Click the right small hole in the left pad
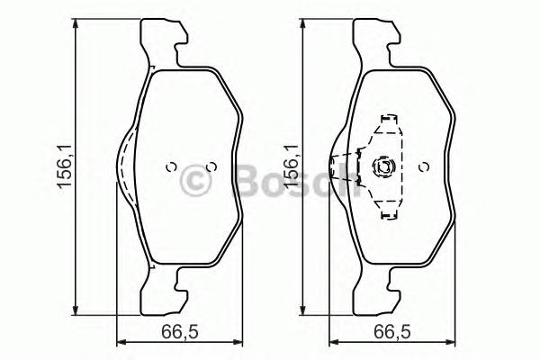point(211,166)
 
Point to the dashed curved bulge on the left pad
point(124,166)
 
